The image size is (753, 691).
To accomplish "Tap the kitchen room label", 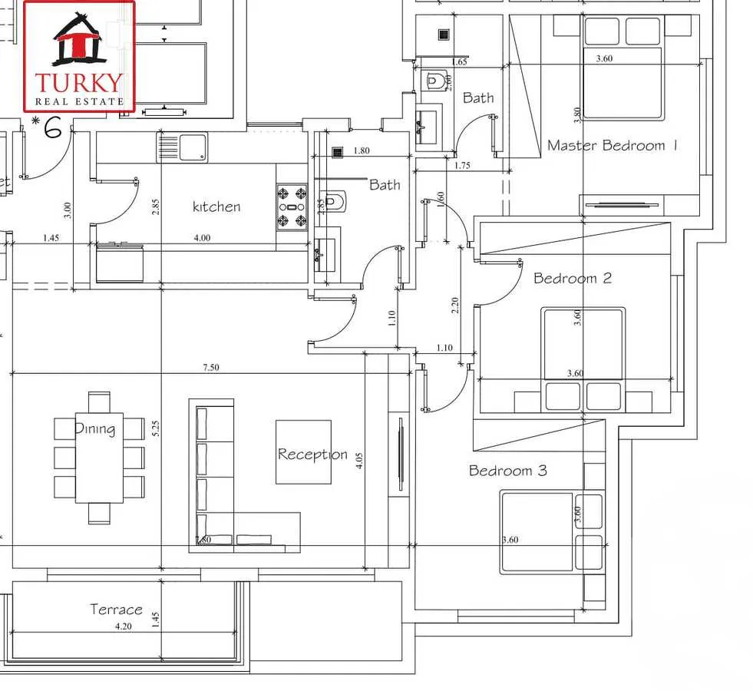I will coord(216,207).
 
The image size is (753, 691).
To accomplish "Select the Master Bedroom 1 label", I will coord(612,145).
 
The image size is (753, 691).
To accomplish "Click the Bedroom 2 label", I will coord(573,278).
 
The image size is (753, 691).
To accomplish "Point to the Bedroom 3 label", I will coord(508,470).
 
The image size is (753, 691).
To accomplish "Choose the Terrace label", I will coord(116,609).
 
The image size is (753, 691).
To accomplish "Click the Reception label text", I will coord(312,454).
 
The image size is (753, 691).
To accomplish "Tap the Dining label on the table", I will coord(95,428).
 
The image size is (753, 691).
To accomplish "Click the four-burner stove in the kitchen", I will coord(292,207).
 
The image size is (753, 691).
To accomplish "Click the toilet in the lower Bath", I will coord(332,202).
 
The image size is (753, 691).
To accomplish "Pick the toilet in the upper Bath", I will coord(436,79).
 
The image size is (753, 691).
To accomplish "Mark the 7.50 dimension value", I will coord(210,368).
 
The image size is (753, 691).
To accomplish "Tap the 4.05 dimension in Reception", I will coord(359,461).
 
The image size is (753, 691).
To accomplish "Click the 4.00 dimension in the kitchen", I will coord(202,238).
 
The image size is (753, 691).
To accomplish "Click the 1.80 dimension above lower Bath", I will coord(362,151).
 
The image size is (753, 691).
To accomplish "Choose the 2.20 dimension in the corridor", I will coord(455,306).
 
